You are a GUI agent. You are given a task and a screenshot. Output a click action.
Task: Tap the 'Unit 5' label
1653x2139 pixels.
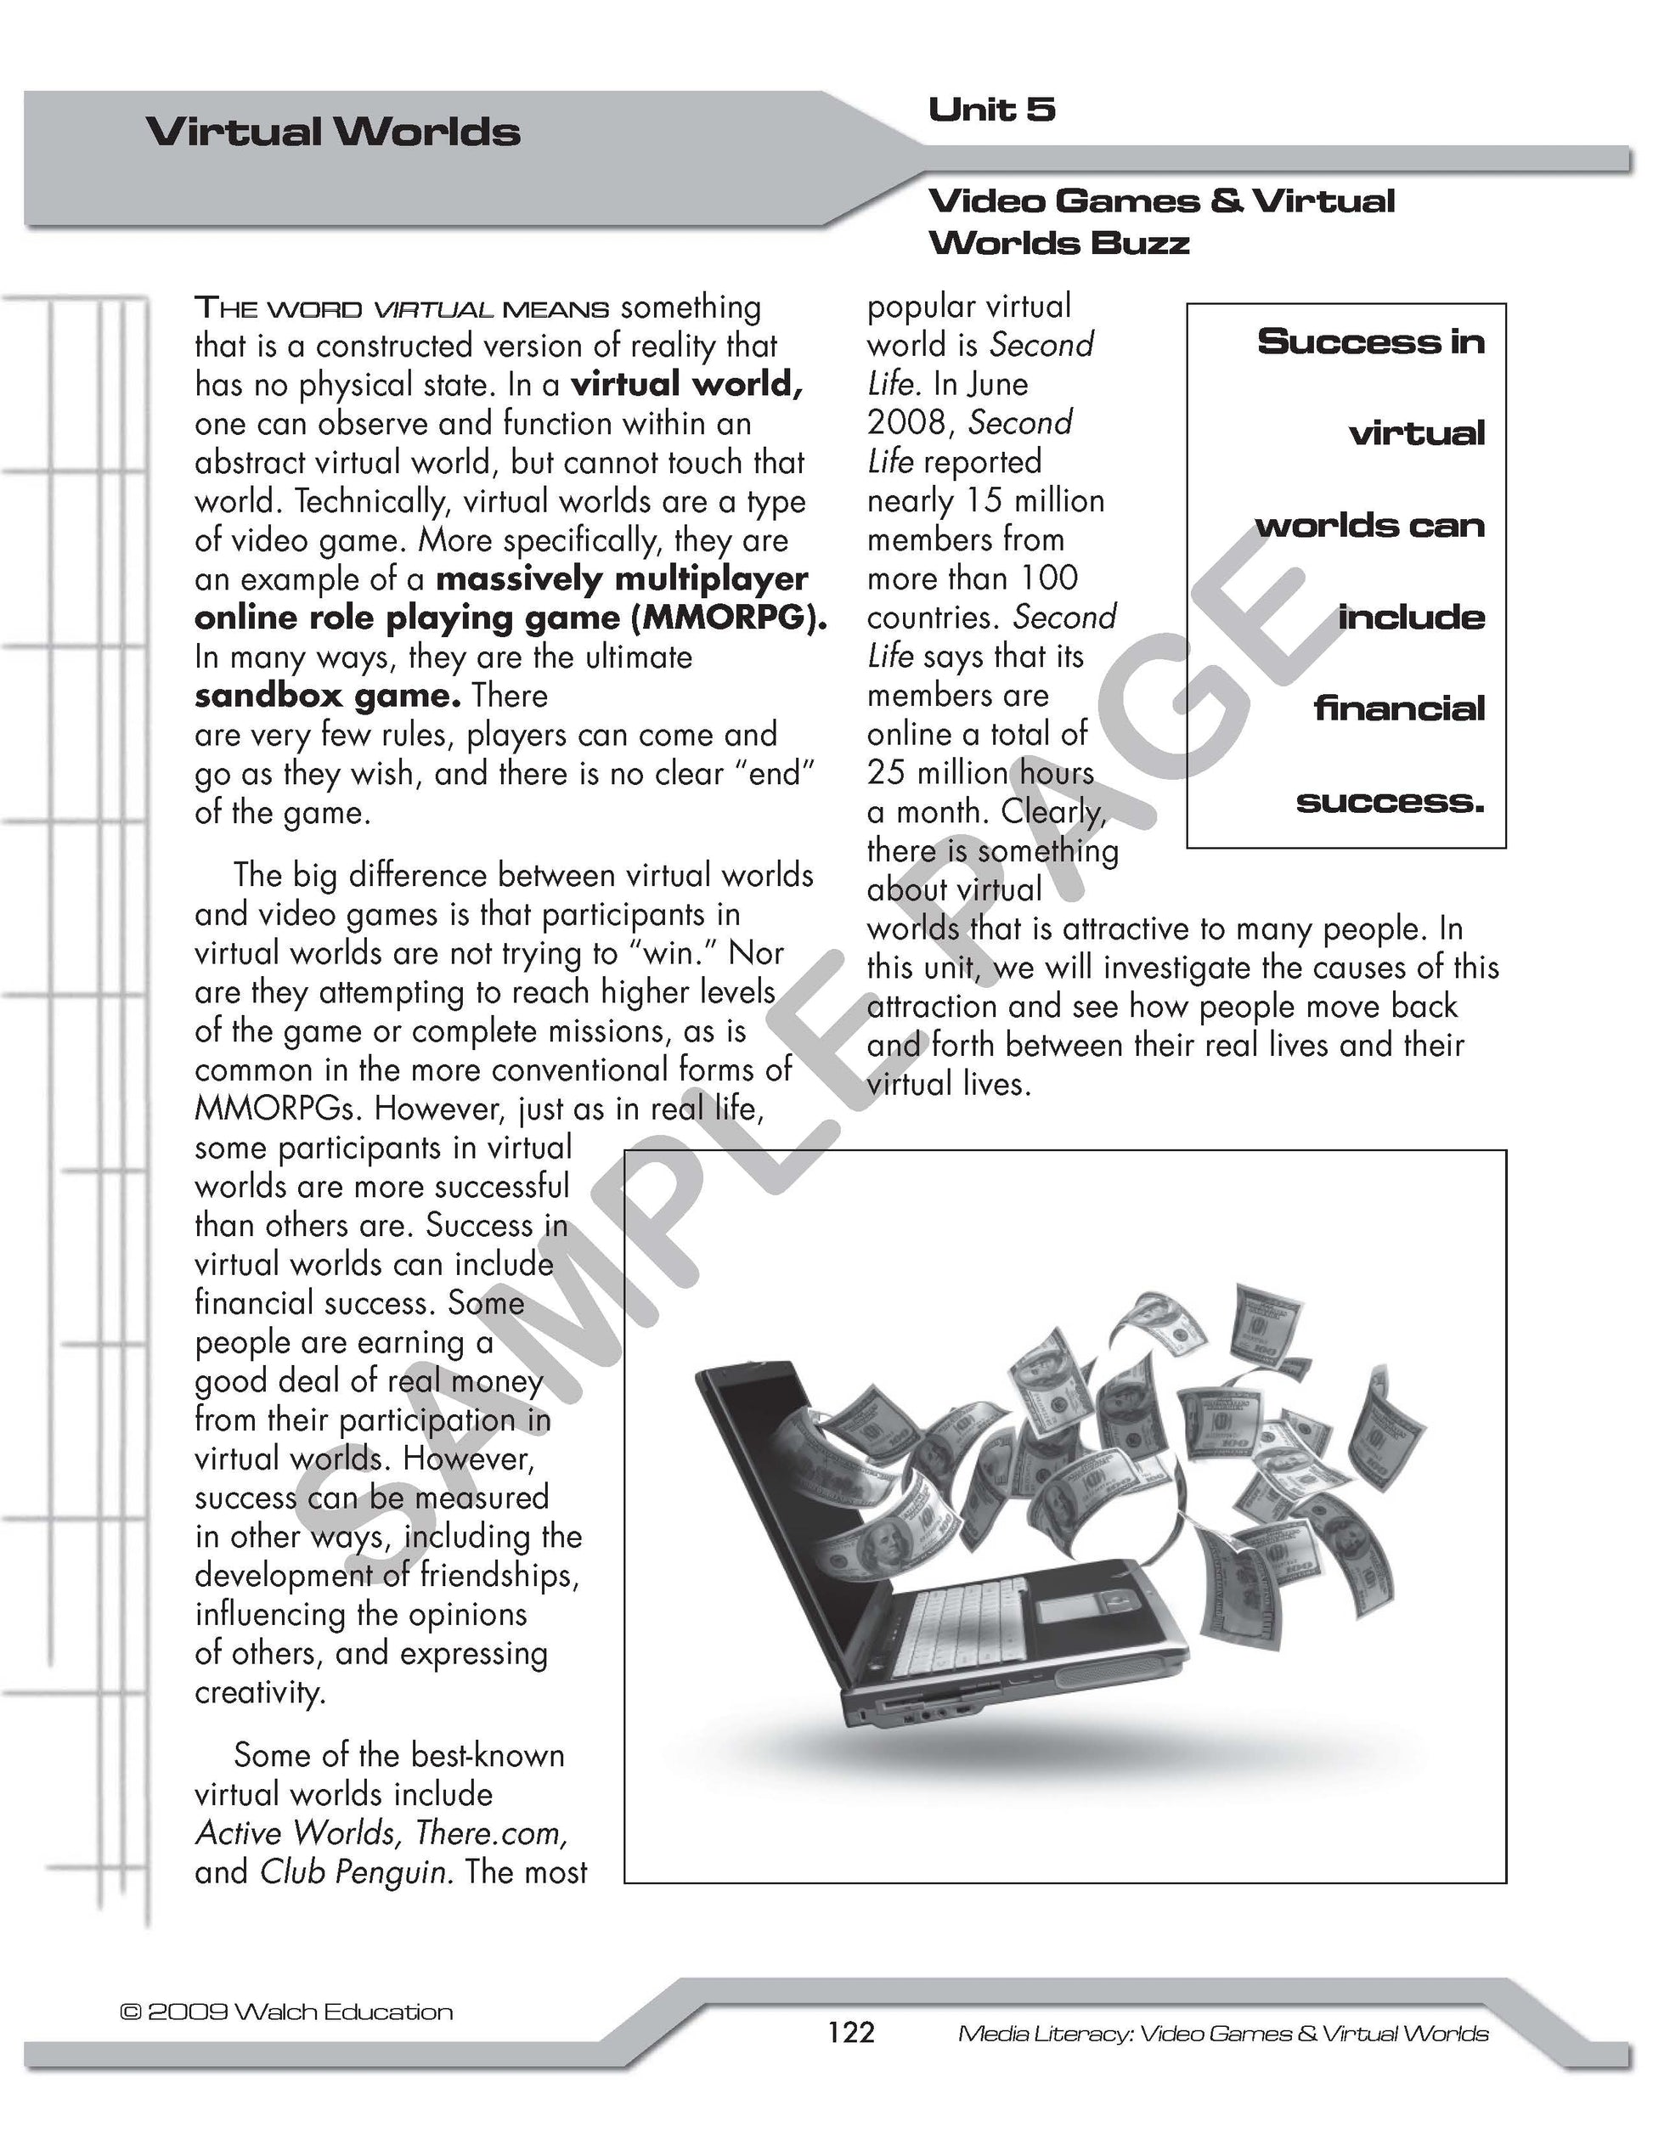(991, 110)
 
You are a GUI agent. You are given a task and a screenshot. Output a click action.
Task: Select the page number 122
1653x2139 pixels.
(850, 2032)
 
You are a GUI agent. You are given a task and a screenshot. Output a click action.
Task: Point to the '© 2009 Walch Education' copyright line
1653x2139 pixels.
(286, 2012)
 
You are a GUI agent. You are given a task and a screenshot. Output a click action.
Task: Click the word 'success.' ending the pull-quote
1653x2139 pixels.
(1390, 801)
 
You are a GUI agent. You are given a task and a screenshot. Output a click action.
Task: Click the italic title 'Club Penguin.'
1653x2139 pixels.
(357, 1871)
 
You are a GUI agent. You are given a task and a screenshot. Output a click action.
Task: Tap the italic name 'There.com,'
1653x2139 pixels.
(492, 1832)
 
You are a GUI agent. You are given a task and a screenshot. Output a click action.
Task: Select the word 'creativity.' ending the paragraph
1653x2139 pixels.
(260, 1692)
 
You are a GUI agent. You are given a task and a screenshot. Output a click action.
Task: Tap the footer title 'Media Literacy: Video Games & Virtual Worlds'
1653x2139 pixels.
(1222, 2035)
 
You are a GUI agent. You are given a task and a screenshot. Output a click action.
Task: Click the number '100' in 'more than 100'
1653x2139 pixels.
(1048, 578)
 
